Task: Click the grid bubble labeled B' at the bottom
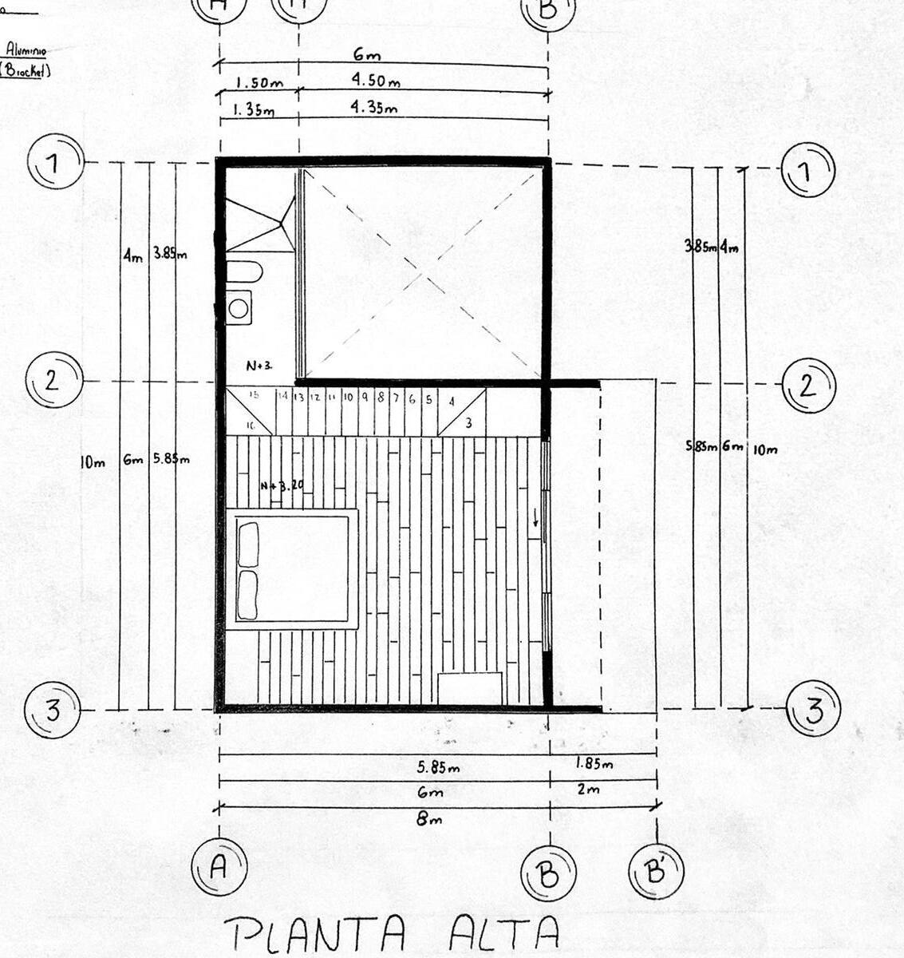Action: (656, 872)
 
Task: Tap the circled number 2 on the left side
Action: (53, 380)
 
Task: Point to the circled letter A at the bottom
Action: (219, 868)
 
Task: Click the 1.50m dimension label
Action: (256, 82)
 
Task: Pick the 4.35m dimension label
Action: (375, 108)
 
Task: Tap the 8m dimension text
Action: (429, 819)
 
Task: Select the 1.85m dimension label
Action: (594, 764)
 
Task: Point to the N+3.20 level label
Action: (282, 485)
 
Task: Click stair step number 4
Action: (452, 402)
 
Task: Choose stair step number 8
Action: (381, 397)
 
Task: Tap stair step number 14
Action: (282, 396)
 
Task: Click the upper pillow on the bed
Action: (248, 544)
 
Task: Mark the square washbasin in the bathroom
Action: (239, 307)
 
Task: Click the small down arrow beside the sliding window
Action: (536, 519)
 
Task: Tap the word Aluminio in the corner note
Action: (26, 49)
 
